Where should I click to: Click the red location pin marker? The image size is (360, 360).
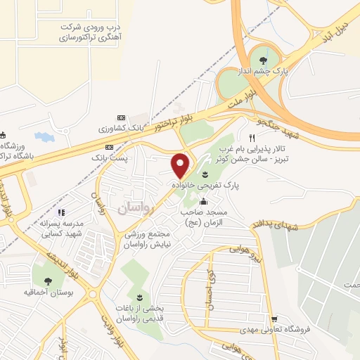[x=181, y=165]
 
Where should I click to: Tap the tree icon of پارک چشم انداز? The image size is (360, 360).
[x=263, y=60]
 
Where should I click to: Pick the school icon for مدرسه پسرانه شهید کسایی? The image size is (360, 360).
[x=61, y=212]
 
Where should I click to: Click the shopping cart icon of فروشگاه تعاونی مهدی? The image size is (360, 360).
[x=284, y=319]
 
